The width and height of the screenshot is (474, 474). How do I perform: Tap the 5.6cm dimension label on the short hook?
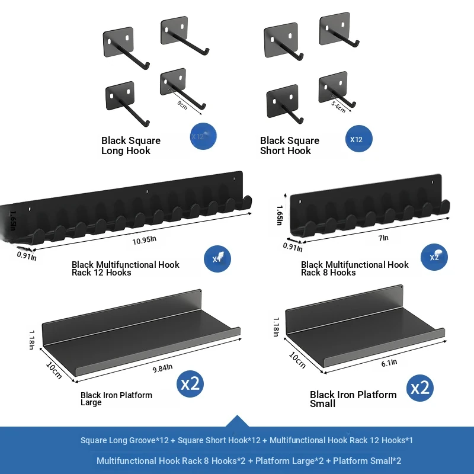338,108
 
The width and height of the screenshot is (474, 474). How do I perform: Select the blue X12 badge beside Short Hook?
358,140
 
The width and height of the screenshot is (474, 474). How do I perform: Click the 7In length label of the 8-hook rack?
383,238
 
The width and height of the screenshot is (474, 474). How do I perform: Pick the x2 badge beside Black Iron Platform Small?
420,388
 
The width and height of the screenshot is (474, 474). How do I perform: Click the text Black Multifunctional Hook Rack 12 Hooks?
126,268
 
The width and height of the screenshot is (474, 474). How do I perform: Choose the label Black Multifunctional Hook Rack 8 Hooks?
355,268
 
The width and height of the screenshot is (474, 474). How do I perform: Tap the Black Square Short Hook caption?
290,146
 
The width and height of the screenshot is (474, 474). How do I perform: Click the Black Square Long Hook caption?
131,146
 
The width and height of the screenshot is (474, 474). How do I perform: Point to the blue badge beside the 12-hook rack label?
217,259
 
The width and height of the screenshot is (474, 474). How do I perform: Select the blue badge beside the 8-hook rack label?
434,257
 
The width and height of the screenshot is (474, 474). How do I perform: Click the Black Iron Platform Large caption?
116,399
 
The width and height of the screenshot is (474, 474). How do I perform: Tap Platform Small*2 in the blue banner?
367,460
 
